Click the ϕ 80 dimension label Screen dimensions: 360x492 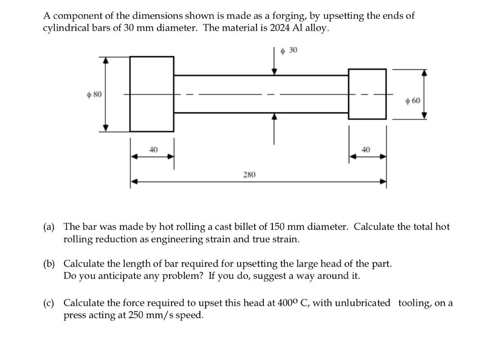point(94,94)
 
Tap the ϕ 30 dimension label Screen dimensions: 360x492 point(289,50)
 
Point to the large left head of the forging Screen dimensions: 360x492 point(152,94)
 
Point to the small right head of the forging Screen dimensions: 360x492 point(367,94)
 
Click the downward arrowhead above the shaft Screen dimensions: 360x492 point(274,71)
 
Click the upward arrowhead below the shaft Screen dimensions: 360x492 point(274,117)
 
